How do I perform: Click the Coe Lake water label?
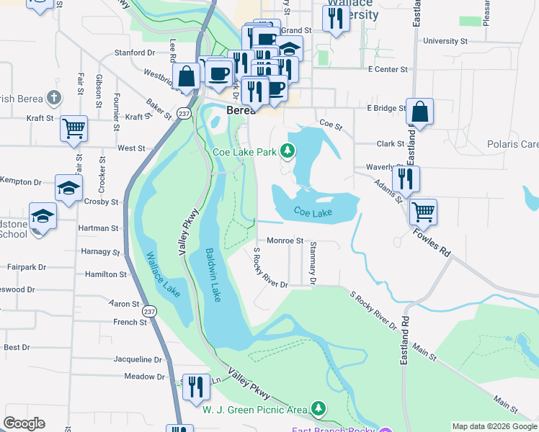click(x=313, y=212)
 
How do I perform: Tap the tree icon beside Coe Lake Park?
click(x=288, y=150)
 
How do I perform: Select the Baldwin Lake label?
click(x=212, y=276)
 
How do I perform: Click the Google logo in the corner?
click(x=24, y=423)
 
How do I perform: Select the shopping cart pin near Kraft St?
click(x=73, y=129)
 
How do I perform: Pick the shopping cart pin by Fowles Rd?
click(x=423, y=212)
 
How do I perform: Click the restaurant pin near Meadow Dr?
click(x=195, y=387)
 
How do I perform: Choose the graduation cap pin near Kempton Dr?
click(x=68, y=189)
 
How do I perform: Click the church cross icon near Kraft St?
click(x=53, y=97)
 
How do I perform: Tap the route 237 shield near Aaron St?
click(x=149, y=311)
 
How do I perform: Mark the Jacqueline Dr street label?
click(x=138, y=359)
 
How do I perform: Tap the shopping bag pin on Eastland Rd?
click(x=419, y=112)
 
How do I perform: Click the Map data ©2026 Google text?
click(x=494, y=426)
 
